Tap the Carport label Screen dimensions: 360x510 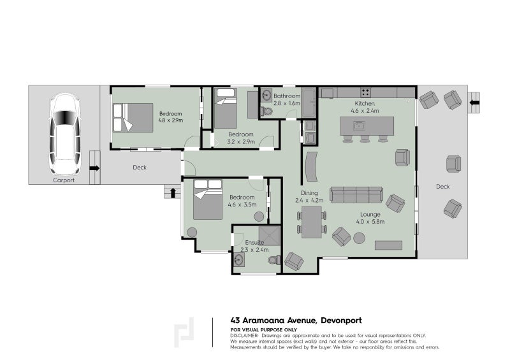point(64,180)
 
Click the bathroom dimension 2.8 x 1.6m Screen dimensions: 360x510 point(286,103)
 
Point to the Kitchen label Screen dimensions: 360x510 point(365,103)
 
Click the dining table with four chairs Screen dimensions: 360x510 point(311,222)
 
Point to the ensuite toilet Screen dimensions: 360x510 point(274,260)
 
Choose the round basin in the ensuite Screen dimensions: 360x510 point(240,260)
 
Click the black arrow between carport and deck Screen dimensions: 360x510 point(94,168)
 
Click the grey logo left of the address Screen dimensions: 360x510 point(185,333)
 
